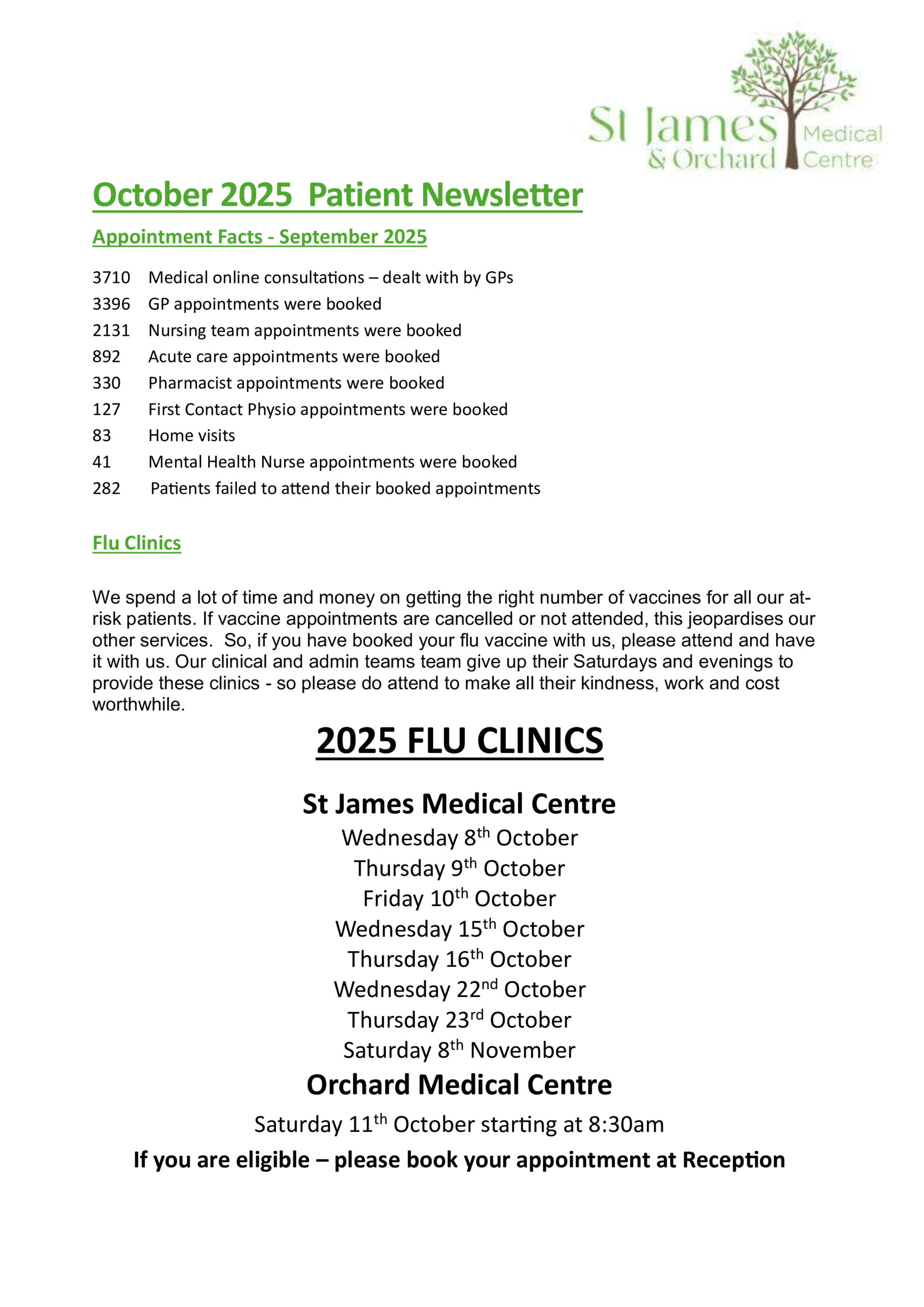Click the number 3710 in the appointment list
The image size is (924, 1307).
pos(111,278)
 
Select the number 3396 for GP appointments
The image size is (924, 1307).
pos(111,304)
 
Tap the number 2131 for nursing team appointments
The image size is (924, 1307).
pos(111,331)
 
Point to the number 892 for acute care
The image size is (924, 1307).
pos(107,357)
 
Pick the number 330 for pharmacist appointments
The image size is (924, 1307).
pos(107,383)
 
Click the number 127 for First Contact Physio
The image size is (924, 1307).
pos(107,410)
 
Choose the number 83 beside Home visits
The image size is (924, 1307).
pos(102,436)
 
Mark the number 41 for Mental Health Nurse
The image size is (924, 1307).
pos(102,462)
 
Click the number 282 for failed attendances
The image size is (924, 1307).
pos(107,489)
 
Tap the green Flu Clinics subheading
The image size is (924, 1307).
pos(137,543)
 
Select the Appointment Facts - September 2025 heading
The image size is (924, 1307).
pos(260,237)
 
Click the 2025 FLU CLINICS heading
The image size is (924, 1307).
pos(459,741)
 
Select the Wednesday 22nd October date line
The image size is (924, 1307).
pos(459,990)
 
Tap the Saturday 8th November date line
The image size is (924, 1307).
pos(459,1050)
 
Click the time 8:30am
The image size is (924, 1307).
pos(626,1125)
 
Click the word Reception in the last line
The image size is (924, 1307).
pos(733,1160)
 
